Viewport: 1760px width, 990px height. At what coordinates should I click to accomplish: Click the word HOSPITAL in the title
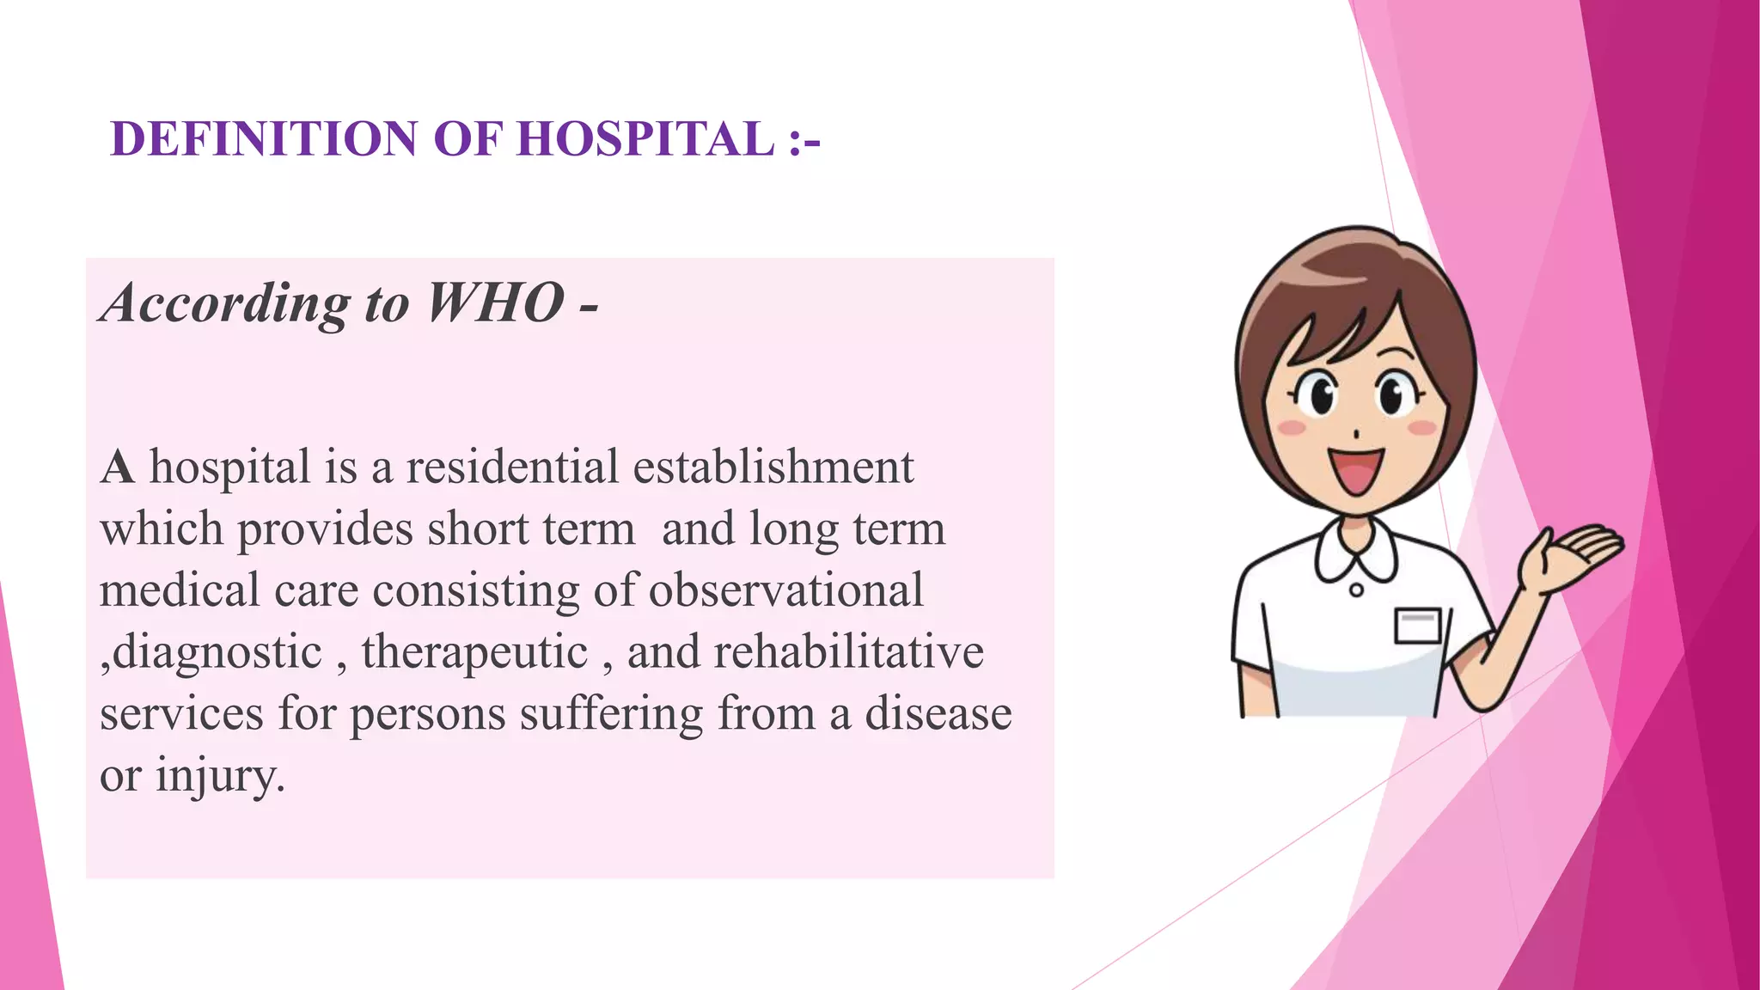(645, 138)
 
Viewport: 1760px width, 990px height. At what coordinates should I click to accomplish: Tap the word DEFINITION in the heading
(264, 138)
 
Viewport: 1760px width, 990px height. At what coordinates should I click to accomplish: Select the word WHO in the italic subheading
(495, 302)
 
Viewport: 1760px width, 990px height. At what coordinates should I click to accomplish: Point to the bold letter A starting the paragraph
(118, 468)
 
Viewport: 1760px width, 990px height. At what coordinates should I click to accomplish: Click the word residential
(512, 467)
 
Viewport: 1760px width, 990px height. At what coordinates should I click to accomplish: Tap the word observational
(785, 590)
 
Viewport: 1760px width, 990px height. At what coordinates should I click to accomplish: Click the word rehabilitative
(848, 651)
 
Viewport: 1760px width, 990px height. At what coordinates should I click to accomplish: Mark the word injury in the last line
(219, 776)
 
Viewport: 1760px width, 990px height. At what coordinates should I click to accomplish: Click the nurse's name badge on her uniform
(1417, 625)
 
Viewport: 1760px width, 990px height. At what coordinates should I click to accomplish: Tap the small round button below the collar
(1356, 590)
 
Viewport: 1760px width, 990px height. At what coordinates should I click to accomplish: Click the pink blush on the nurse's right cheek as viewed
(1422, 427)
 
